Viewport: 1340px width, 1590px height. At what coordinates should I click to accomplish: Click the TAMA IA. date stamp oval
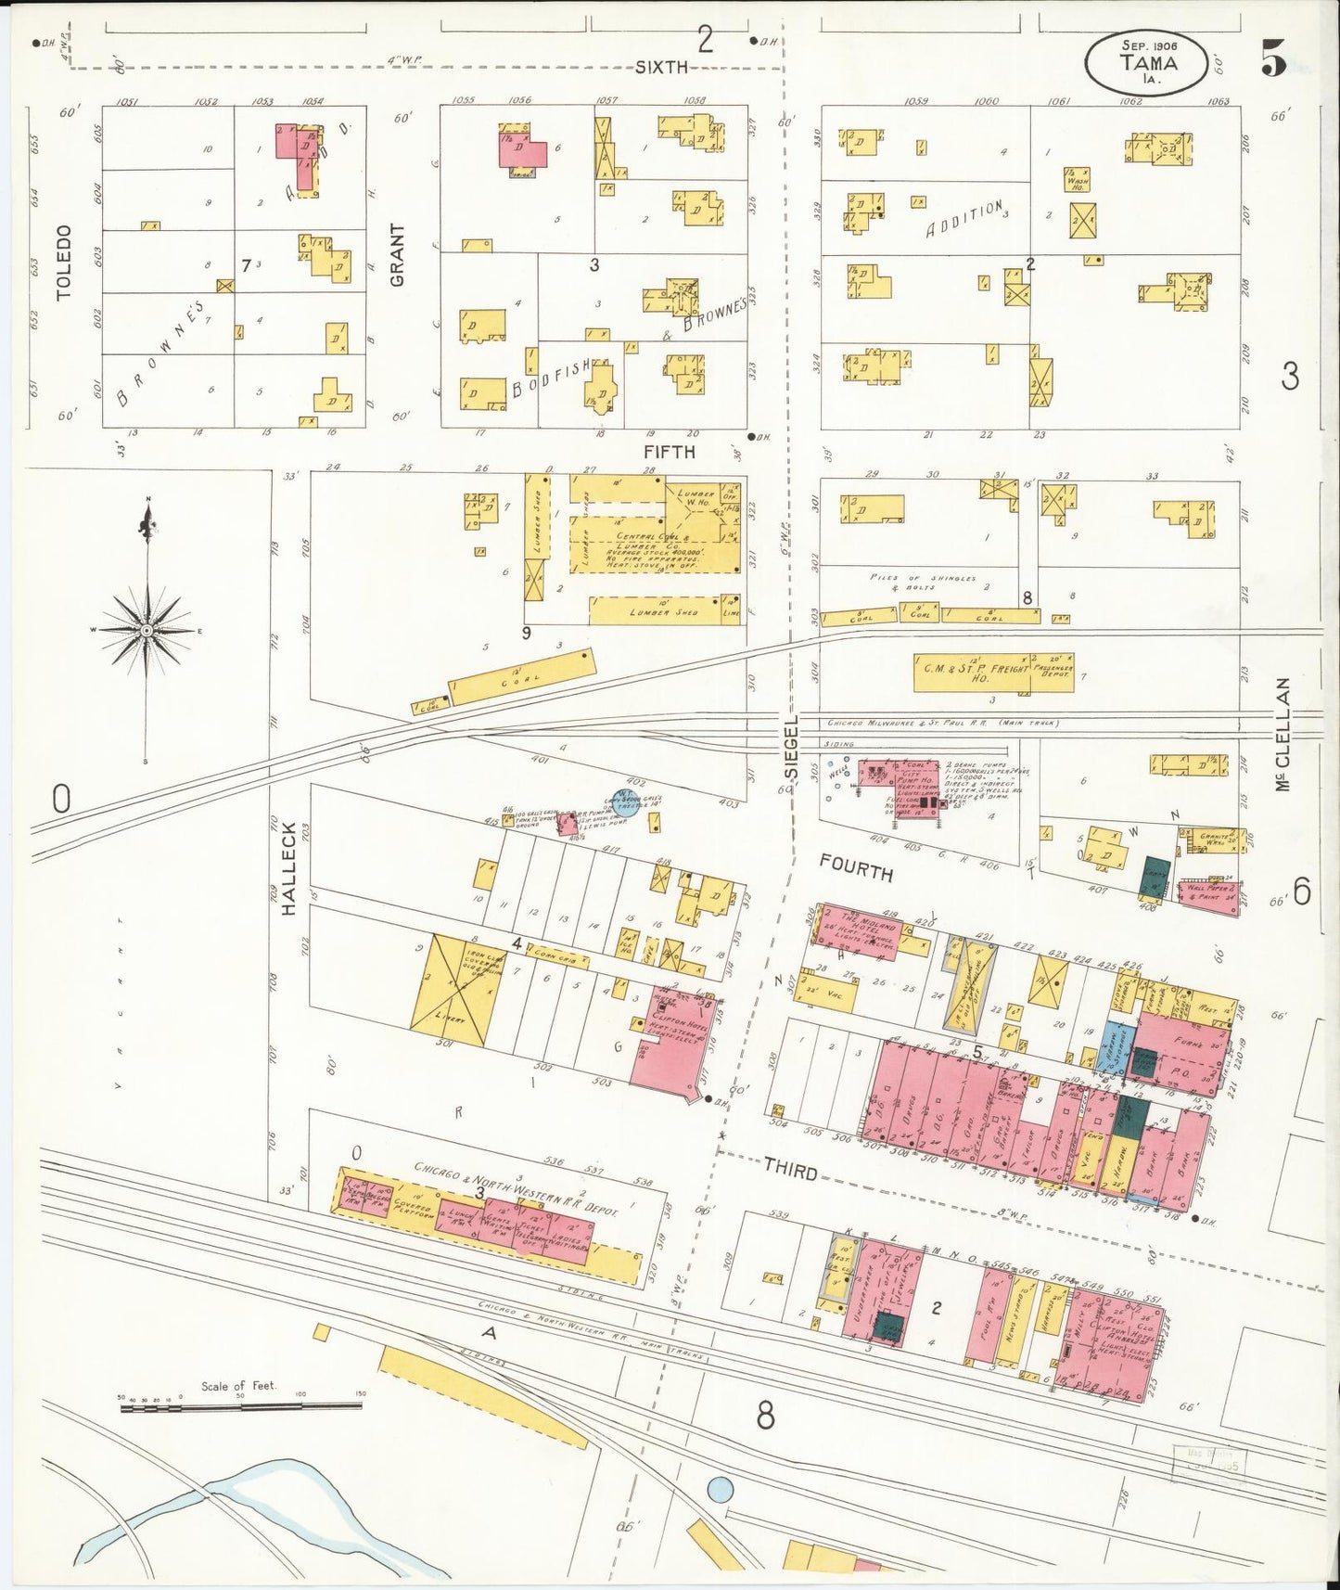pos(1147,62)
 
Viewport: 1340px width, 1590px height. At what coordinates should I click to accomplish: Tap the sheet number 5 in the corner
pos(1272,60)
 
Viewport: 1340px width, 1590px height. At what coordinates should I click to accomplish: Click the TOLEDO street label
pos(63,263)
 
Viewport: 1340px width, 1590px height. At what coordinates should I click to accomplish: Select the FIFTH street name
pos(669,452)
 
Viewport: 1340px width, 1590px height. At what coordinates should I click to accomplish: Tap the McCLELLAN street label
pos(1283,734)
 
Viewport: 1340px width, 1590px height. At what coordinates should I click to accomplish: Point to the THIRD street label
pos(791,1172)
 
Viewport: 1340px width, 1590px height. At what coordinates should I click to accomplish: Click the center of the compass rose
pos(147,631)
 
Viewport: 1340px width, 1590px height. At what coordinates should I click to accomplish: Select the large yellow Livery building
pos(455,992)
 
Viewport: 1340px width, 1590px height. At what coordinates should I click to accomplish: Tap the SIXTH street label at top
pos(662,67)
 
